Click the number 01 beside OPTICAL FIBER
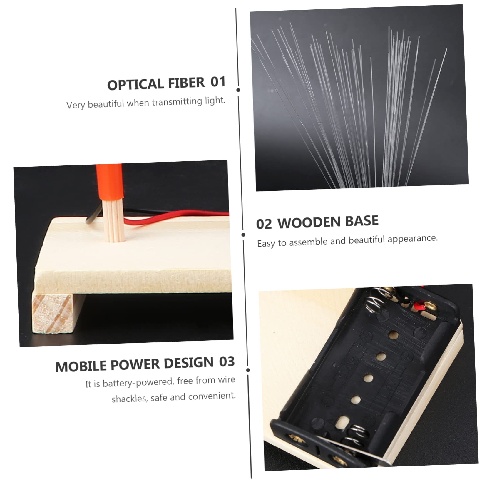click(218, 82)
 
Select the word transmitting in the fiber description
click(177, 102)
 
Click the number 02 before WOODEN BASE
click(264, 224)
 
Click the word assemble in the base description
click(308, 242)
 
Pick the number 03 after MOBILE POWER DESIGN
click(227, 362)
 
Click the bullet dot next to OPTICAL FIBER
click(238, 90)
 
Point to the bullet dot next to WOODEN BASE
click(243, 235)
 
